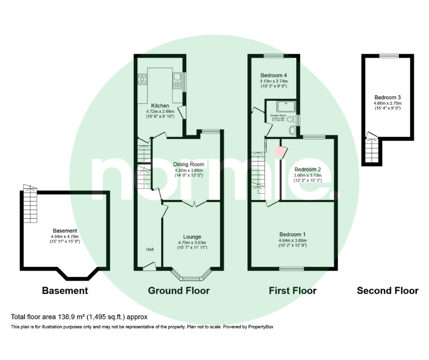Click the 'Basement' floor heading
(65, 291)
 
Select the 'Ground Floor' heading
(178, 291)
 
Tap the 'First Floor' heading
(293, 291)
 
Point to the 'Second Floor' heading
(387, 291)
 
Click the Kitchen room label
(151, 106)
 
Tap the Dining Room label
(188, 164)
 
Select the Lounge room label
(192, 237)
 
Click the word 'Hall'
(150, 249)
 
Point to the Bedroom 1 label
(293, 234)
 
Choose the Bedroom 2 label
(307, 169)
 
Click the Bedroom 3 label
(387, 97)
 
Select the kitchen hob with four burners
(141, 79)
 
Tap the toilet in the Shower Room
(293, 130)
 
